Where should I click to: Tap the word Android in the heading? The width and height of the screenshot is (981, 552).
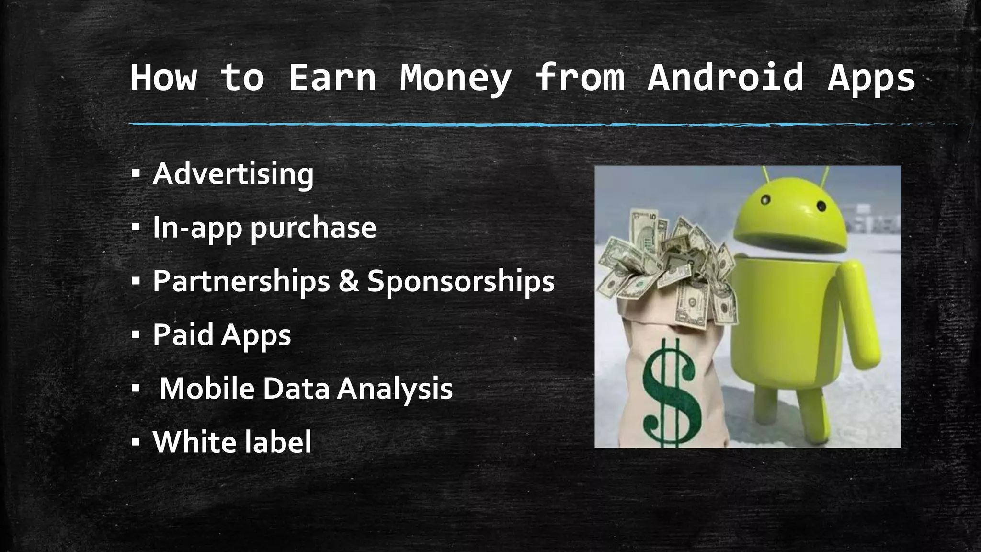(725, 78)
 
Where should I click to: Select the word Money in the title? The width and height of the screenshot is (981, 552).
(456, 78)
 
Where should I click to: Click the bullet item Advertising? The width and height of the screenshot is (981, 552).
(233, 174)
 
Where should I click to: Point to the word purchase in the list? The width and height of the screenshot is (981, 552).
(313, 228)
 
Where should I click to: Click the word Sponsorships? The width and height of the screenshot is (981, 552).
(461, 282)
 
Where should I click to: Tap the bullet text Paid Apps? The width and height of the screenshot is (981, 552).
(222, 335)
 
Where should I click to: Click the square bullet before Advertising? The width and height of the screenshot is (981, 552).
(136, 174)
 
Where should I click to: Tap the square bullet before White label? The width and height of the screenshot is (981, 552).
(136, 443)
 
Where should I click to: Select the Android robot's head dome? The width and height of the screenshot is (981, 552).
(790, 211)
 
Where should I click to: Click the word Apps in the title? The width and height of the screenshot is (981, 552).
(871, 78)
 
